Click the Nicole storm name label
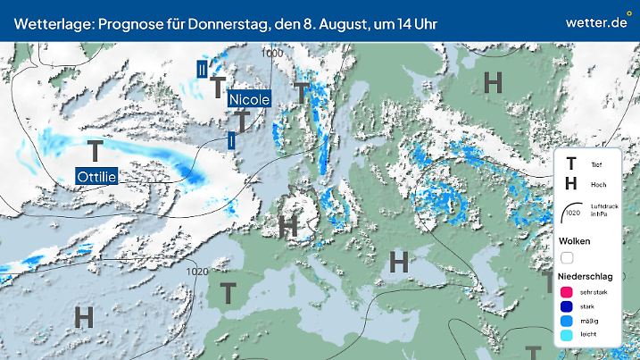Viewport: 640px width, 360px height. (x=248, y=99)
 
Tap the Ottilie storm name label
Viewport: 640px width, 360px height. (x=97, y=176)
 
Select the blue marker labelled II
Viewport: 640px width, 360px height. (x=203, y=67)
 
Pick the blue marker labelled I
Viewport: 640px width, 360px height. (x=231, y=139)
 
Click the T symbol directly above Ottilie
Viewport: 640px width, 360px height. (x=96, y=150)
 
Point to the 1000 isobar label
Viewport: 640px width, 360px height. (x=273, y=54)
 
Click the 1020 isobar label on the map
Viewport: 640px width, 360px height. (x=197, y=272)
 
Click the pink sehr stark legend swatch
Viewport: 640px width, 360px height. (x=566, y=292)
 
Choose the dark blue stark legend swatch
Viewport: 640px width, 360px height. (x=566, y=306)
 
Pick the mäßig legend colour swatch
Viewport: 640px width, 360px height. (x=566, y=321)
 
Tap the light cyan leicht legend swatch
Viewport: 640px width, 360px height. (x=566, y=335)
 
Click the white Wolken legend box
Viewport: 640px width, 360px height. (x=566, y=258)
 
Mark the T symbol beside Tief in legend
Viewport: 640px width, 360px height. (x=571, y=163)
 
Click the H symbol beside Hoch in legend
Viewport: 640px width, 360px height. (x=571, y=184)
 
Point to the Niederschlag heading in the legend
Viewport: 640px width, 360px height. (x=585, y=277)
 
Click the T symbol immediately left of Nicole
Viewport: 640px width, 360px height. (x=217, y=88)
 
